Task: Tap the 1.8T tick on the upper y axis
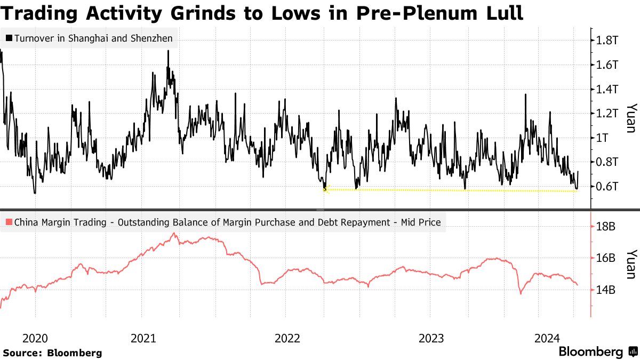pyautogui.click(x=607, y=40)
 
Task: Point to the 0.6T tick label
pyautogui.click(x=607, y=186)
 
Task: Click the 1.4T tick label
pyautogui.click(x=607, y=89)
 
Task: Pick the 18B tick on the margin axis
pyautogui.click(x=606, y=227)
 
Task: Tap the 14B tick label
pyautogui.click(x=606, y=290)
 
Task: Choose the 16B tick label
pyautogui.click(x=606, y=258)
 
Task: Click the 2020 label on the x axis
pyautogui.click(x=35, y=338)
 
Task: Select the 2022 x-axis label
pyautogui.click(x=287, y=338)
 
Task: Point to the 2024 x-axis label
pyautogui.click(x=547, y=338)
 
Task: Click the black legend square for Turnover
pyautogui.click(x=9, y=38)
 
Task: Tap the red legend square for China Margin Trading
pyautogui.click(x=9, y=222)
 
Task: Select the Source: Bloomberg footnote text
pyautogui.click(x=52, y=353)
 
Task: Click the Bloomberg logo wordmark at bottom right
pyautogui.click(x=590, y=352)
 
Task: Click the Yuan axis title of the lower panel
pyautogui.click(x=630, y=263)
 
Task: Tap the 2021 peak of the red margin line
pyautogui.click(x=173, y=233)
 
